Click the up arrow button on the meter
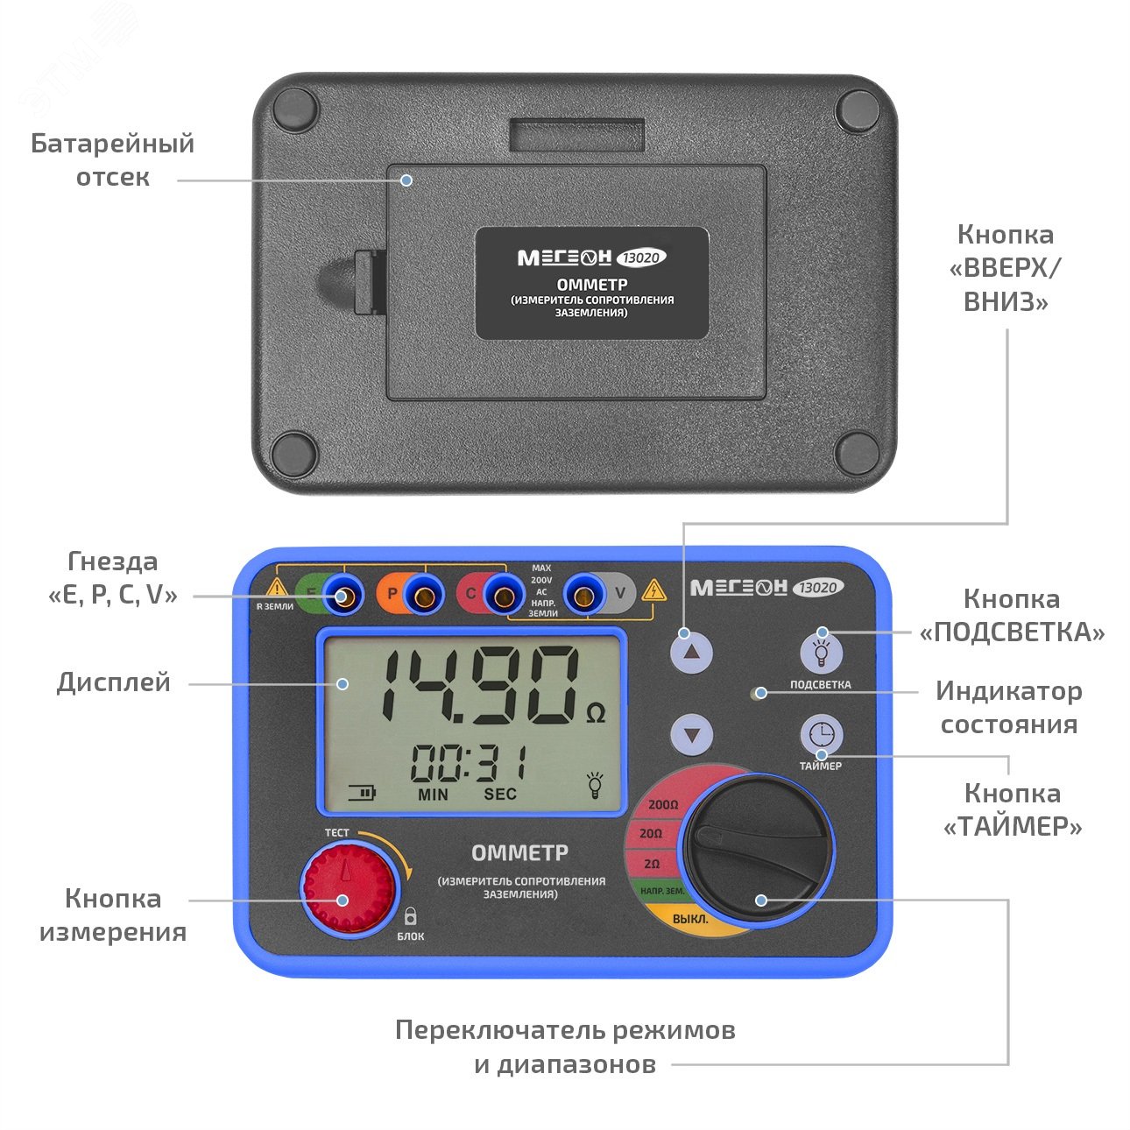click(x=692, y=653)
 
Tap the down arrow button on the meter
click(x=692, y=734)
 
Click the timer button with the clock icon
click(x=821, y=734)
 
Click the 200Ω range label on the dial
click(x=663, y=804)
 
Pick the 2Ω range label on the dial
click(x=652, y=864)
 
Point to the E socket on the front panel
click(x=343, y=597)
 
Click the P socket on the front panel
click(x=423, y=597)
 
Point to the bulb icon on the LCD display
click(x=596, y=784)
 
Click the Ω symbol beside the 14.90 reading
click(x=596, y=714)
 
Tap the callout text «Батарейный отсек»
click(x=113, y=160)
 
